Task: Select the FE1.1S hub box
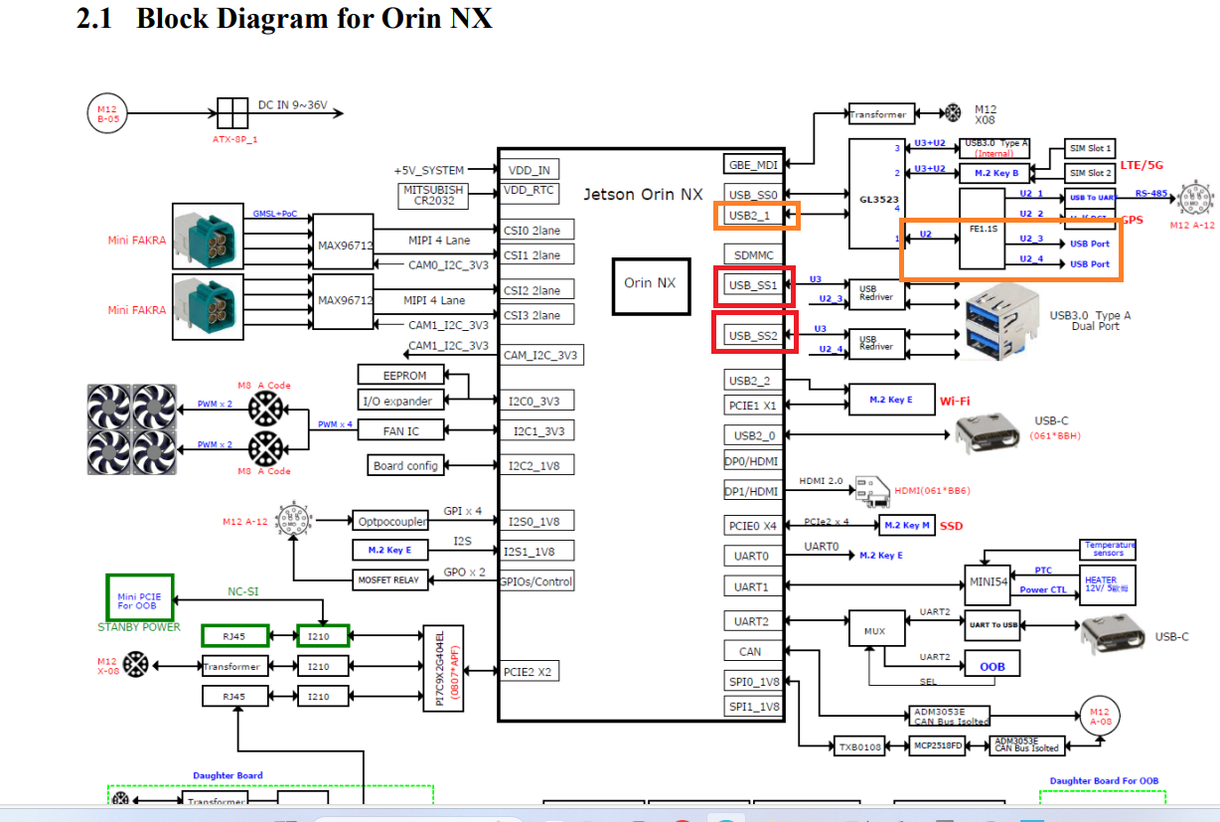[984, 229]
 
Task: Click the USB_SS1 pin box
[754, 285]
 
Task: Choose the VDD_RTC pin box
[529, 191]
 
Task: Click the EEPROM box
[404, 375]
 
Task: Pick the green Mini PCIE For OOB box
[139, 597]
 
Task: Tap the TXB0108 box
[859, 745]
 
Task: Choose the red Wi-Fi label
[955, 401]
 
